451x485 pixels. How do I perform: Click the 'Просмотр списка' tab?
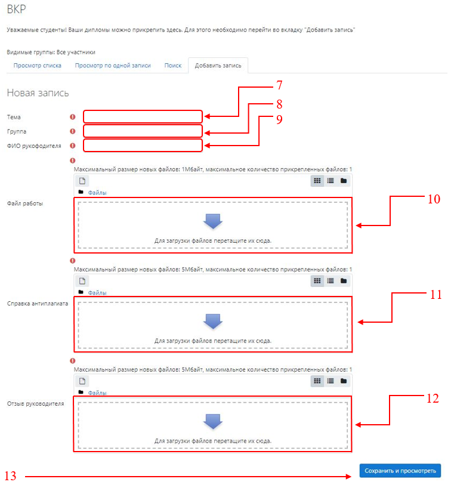(x=37, y=66)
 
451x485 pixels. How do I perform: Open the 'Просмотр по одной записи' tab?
(x=113, y=66)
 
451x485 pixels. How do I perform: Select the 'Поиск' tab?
(x=172, y=66)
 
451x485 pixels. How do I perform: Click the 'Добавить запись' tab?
(x=218, y=66)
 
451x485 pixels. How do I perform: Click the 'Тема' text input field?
(x=143, y=116)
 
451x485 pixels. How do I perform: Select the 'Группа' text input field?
(x=143, y=131)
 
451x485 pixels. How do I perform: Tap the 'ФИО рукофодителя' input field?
(x=143, y=146)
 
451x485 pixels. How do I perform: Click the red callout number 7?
(x=279, y=85)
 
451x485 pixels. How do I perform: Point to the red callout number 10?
(x=434, y=199)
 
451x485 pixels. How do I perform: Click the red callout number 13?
(x=10, y=475)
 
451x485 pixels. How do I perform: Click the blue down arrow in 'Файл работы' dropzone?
(x=213, y=221)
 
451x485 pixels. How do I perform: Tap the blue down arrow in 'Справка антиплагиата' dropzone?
(x=213, y=322)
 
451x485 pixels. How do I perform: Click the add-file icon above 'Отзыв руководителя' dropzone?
(x=82, y=381)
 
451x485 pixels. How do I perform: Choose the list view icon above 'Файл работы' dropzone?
(x=330, y=181)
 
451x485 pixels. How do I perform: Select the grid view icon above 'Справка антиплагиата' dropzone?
(x=317, y=281)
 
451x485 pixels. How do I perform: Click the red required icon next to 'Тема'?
(x=72, y=117)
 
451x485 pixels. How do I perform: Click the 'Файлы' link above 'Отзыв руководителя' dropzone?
(x=97, y=393)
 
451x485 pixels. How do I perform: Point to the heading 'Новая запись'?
(x=38, y=93)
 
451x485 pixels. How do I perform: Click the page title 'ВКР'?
(x=16, y=10)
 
